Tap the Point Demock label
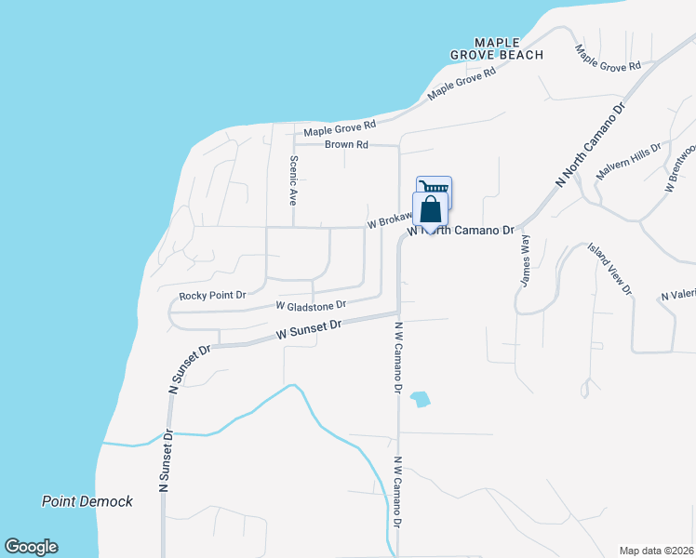coord(87,501)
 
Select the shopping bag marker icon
coord(431,210)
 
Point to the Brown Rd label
coord(347,145)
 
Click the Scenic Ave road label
coord(292,179)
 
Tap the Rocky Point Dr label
coord(212,296)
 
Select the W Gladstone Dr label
coord(311,305)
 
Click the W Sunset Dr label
coord(310,330)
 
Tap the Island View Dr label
coord(609,269)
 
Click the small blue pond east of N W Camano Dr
coord(421,399)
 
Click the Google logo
coord(31,547)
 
